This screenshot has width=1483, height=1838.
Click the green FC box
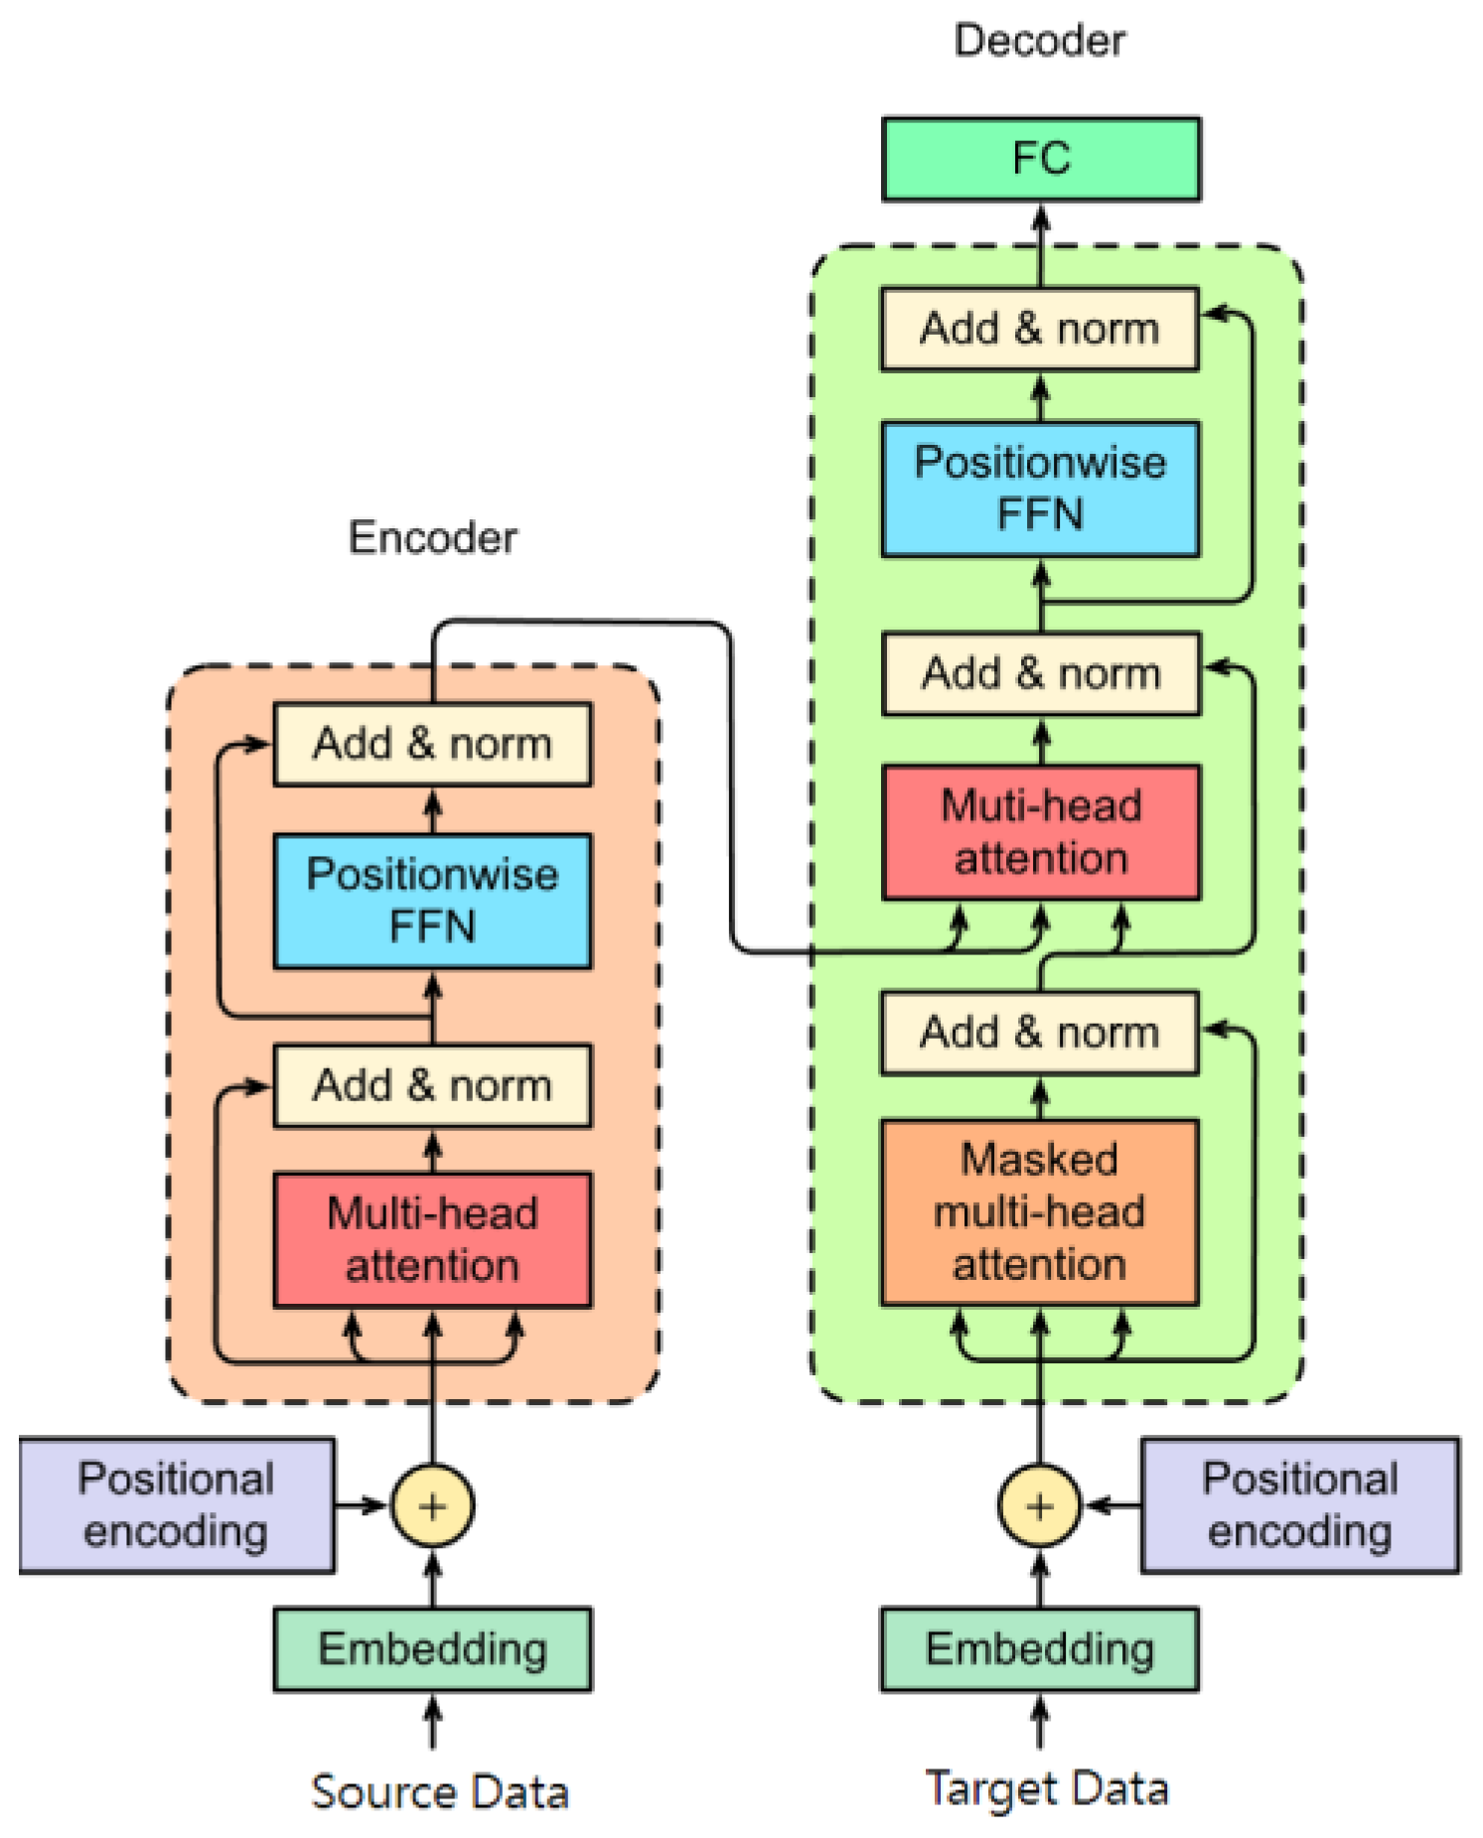(1040, 159)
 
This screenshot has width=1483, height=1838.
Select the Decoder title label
(1039, 41)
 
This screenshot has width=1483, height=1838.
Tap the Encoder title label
(432, 537)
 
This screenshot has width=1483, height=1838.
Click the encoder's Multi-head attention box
(432, 1239)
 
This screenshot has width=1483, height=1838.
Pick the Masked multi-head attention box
(1039, 1211)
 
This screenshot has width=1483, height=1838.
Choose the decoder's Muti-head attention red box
(1040, 831)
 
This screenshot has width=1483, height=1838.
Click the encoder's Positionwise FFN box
(432, 900)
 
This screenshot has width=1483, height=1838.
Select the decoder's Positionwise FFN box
(1040, 489)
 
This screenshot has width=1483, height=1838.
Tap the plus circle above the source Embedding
(432, 1505)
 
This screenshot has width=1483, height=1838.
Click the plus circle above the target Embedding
(1039, 1505)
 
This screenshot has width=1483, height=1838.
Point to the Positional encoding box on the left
(176, 1504)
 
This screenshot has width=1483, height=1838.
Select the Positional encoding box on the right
(1299, 1504)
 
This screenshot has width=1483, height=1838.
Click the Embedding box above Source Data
(432, 1648)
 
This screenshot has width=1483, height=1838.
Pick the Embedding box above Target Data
(1039, 1648)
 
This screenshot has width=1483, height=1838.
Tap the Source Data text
(439, 1791)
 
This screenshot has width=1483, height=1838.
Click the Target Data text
(1046, 1788)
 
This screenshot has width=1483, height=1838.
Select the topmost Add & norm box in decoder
(1039, 329)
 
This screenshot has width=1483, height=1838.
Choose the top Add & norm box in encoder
(432, 744)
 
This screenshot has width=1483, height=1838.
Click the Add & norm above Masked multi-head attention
(1039, 1033)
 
